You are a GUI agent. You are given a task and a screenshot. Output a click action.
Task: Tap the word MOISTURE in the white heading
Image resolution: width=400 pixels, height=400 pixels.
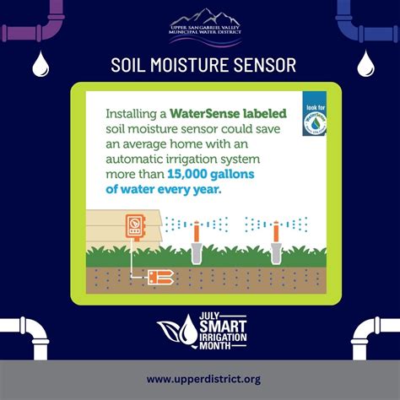[x=199, y=65]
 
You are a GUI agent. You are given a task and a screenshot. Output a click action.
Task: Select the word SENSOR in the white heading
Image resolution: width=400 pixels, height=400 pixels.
[x=263, y=65]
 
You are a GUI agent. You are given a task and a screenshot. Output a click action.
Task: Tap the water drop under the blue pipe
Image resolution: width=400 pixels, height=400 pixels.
[x=365, y=63]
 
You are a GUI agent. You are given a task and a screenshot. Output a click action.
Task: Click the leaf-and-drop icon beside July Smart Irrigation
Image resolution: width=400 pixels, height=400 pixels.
[x=175, y=336]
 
